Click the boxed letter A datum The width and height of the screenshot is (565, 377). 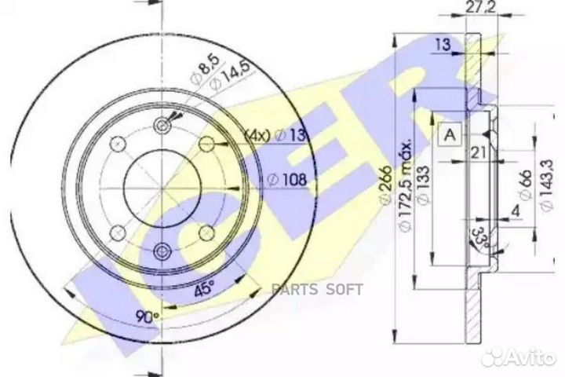click(450, 135)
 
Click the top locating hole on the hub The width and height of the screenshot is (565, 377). click(162, 125)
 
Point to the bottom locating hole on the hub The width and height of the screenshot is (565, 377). click(162, 251)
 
